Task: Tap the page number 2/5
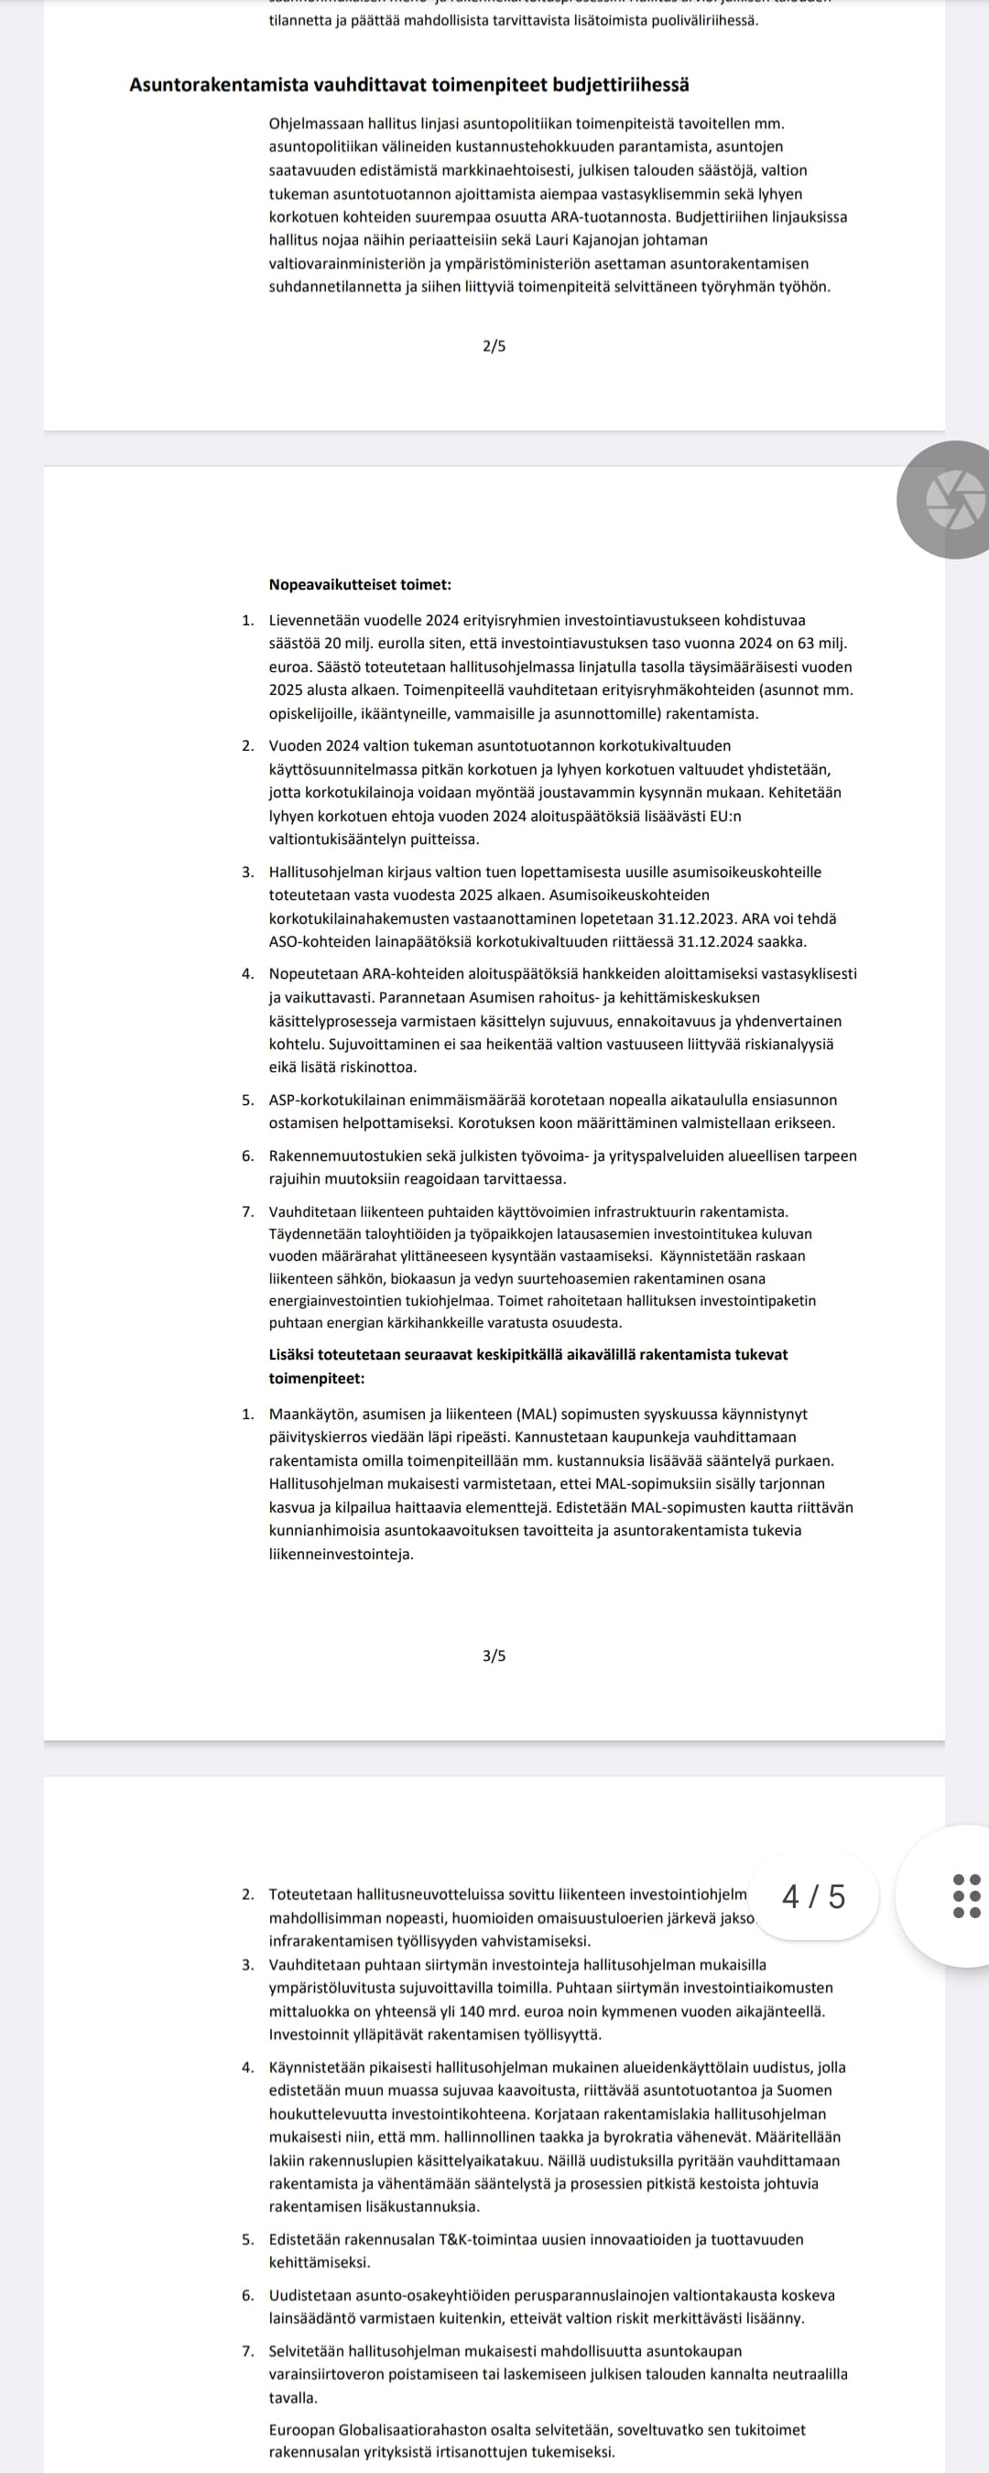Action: pos(494,345)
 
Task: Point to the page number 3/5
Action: pos(494,1655)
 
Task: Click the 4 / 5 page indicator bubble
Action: pos(814,1896)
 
